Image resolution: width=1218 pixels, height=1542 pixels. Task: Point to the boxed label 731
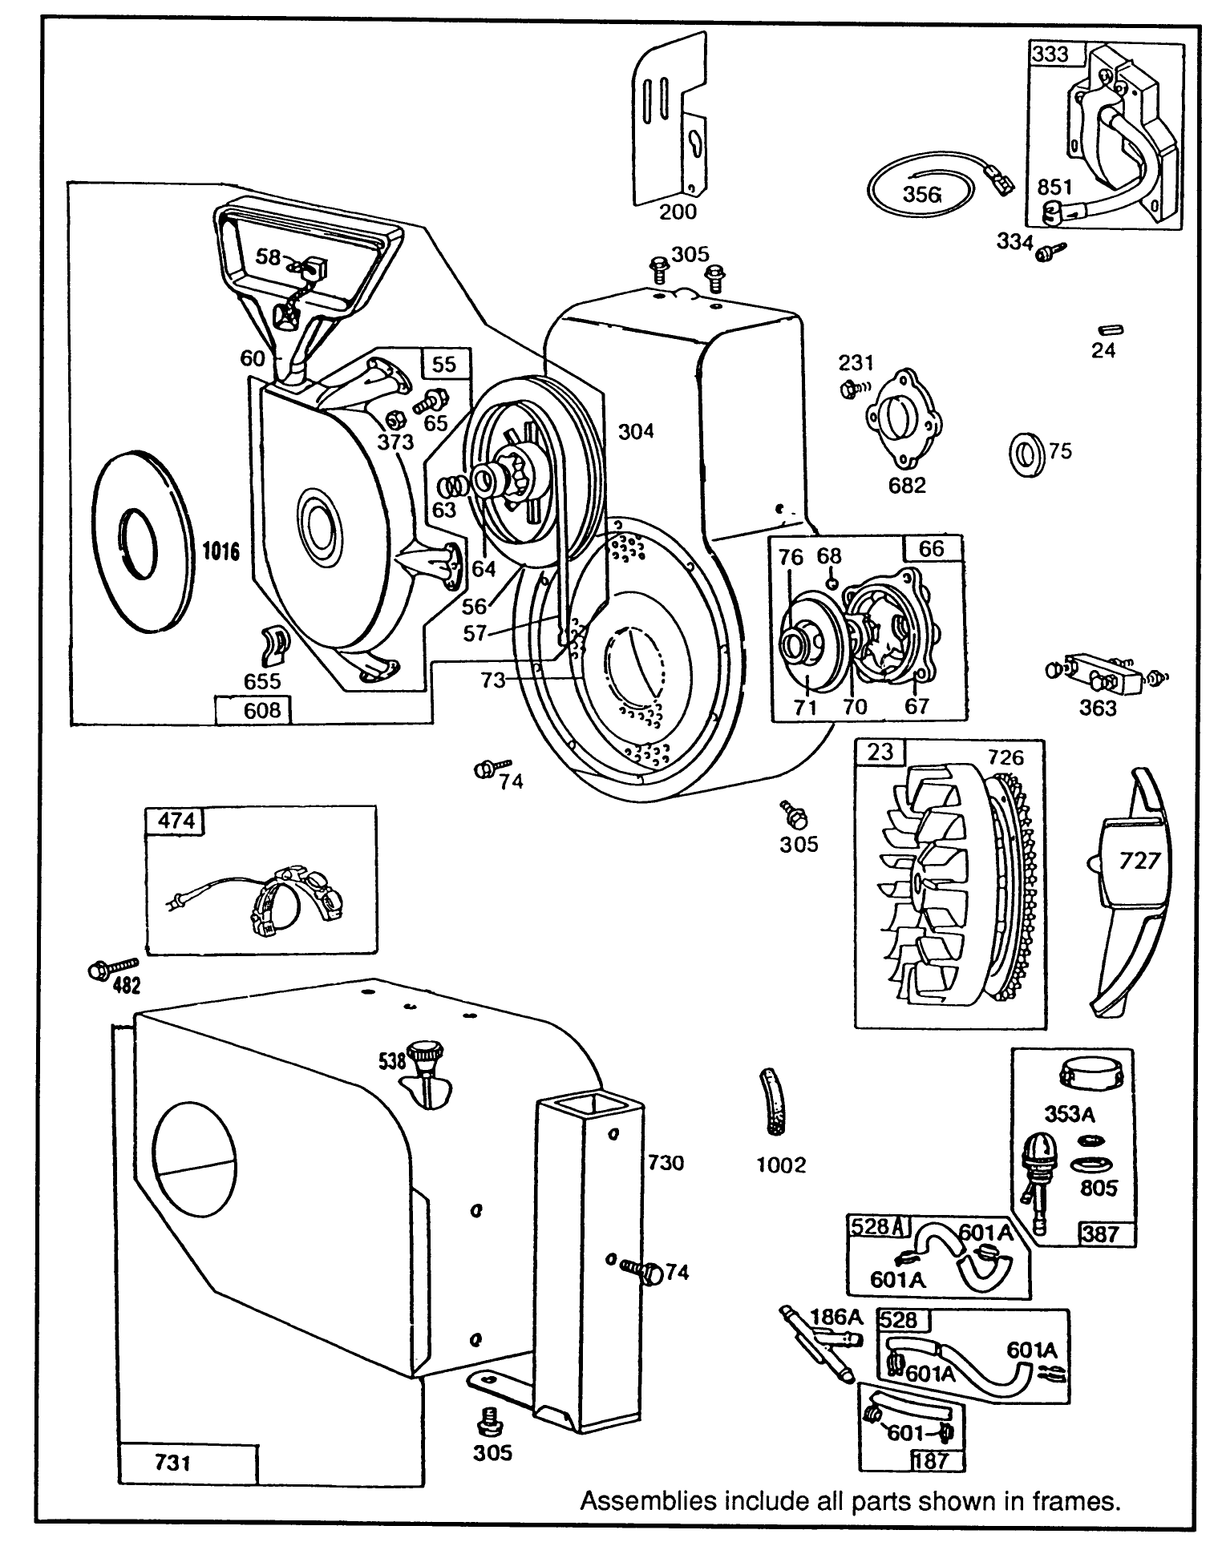click(x=172, y=1463)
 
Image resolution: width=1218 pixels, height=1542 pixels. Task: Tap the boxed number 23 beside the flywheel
click(x=880, y=751)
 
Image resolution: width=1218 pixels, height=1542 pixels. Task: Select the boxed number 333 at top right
click(x=1049, y=54)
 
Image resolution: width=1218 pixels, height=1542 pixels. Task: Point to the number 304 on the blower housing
click(x=636, y=431)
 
